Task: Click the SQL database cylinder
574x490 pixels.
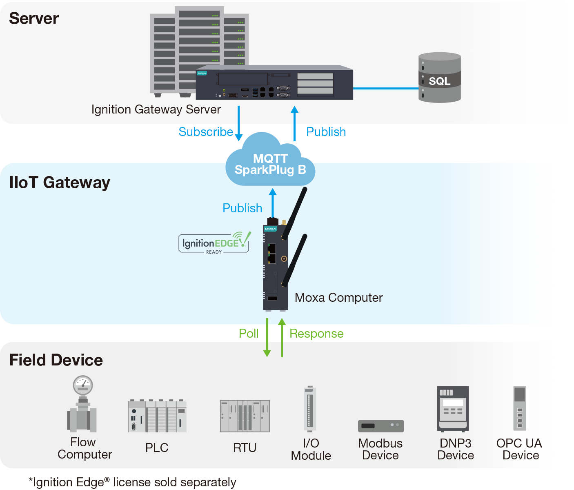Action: tap(440, 78)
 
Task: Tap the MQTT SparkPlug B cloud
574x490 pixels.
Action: tap(270, 163)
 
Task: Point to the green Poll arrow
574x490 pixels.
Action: tap(267, 337)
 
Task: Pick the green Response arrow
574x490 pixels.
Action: tap(282, 337)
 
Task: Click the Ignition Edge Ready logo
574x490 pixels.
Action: tap(214, 243)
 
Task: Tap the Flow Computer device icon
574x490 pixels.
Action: tap(83, 404)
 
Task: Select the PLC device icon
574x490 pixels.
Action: tap(157, 416)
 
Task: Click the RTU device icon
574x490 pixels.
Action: tap(245, 416)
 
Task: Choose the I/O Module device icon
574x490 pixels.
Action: tap(310, 408)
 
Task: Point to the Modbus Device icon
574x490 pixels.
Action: tap(381, 426)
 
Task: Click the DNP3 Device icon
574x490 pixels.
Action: tap(453, 409)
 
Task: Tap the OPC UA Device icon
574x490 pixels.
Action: tap(520, 408)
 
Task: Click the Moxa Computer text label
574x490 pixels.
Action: tap(338, 298)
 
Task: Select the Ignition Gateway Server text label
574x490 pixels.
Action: tap(156, 109)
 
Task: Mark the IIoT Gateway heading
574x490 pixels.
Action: tap(60, 183)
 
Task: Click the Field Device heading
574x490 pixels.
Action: tap(56, 360)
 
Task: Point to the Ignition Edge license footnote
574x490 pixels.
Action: tap(132, 482)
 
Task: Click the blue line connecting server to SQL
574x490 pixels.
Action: tap(386, 88)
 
